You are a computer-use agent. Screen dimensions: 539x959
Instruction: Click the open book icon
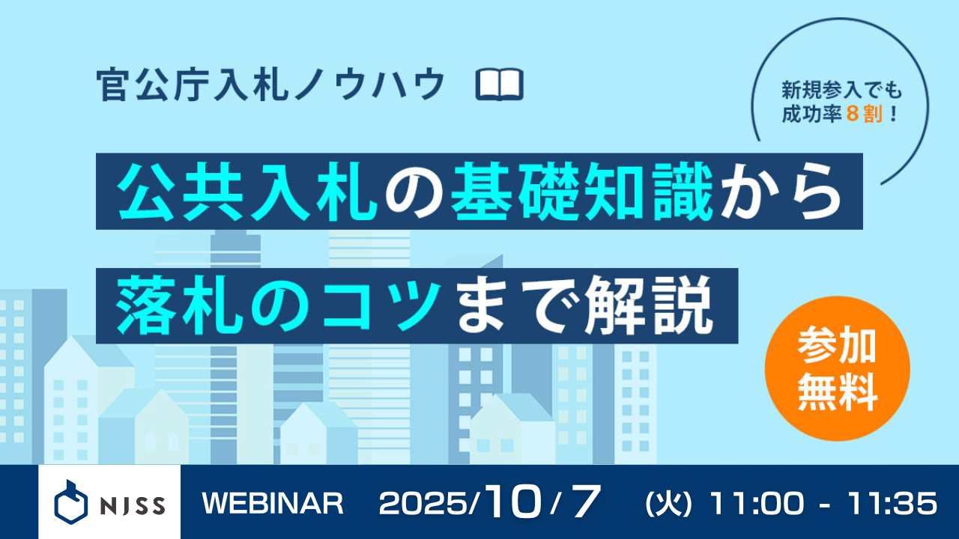click(500, 85)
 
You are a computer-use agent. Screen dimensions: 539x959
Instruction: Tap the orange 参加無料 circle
click(837, 368)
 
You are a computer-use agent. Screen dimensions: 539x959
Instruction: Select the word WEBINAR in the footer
click(273, 504)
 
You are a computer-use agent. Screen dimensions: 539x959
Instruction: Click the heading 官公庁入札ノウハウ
click(271, 85)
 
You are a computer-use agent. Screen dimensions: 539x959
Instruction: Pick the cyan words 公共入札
click(247, 192)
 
